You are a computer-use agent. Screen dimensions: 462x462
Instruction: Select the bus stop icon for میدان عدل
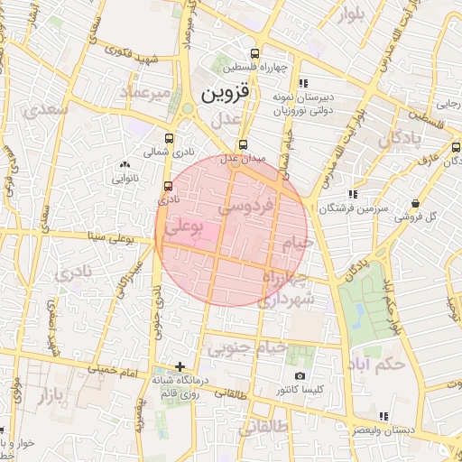point(242,144)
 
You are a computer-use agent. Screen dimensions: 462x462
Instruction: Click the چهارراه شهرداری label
point(287,287)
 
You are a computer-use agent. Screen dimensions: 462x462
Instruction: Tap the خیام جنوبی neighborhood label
point(246,346)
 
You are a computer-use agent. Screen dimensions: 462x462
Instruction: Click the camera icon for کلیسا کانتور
point(300,374)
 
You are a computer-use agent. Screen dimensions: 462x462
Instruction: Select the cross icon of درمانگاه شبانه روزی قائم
point(180,366)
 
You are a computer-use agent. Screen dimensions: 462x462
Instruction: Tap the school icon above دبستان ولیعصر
point(383,416)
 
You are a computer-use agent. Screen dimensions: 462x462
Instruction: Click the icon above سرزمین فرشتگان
point(352,194)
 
